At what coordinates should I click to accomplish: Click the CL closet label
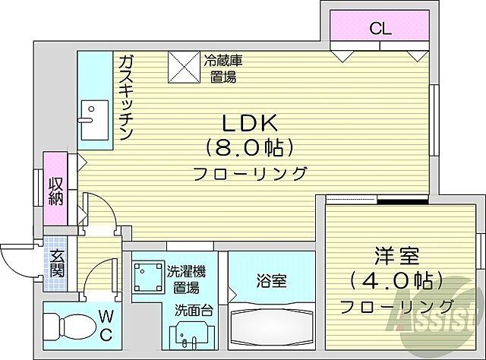click(380, 30)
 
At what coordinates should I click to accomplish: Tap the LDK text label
click(242, 122)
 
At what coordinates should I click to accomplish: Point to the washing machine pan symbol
click(147, 278)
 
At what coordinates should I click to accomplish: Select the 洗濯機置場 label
click(185, 279)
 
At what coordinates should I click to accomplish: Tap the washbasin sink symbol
click(187, 334)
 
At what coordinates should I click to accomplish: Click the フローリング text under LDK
click(250, 172)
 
